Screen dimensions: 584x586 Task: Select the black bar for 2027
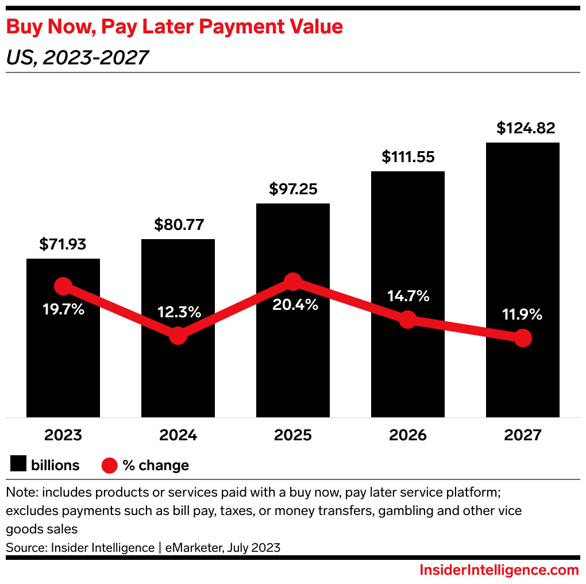click(x=522, y=241)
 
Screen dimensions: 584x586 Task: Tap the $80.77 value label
click(x=179, y=225)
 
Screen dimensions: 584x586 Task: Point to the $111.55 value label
click(x=408, y=157)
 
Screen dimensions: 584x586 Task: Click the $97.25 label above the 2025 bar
click(x=293, y=189)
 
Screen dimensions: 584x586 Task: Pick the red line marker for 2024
click(x=178, y=336)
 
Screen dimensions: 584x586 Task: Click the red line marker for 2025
click(x=293, y=282)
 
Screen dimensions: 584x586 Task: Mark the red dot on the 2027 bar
click(x=522, y=339)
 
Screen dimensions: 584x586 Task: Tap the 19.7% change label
click(x=63, y=309)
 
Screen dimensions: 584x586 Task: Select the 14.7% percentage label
click(x=408, y=297)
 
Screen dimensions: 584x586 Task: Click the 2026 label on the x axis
click(x=408, y=435)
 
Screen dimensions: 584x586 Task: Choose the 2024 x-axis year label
click(x=178, y=435)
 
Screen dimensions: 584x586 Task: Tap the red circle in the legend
click(x=109, y=465)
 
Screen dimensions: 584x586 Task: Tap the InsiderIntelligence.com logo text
click(x=499, y=570)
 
